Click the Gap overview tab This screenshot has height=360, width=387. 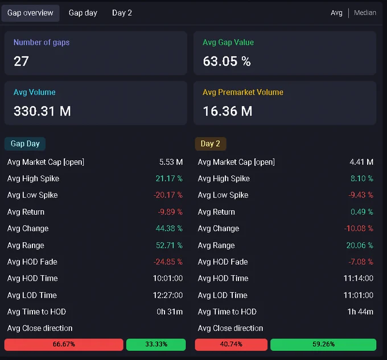pyautogui.click(x=30, y=13)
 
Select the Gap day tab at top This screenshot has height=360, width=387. pyautogui.click(x=83, y=13)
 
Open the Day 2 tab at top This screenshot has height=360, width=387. pyautogui.click(x=122, y=13)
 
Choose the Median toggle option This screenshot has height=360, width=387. pyautogui.click(x=365, y=13)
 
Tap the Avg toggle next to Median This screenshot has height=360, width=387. pyautogui.click(x=336, y=13)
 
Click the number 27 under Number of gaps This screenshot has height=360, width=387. pyautogui.click(x=21, y=61)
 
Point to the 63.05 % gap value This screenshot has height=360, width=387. pyautogui.click(x=227, y=61)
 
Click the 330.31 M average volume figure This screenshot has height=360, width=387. pyautogui.click(x=42, y=111)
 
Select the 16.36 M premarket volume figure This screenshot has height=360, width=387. pyautogui.click(x=228, y=111)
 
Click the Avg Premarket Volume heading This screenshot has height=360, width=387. pyautogui.click(x=243, y=92)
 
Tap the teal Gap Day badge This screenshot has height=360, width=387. pyautogui.click(x=25, y=144)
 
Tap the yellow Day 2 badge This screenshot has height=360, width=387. pyautogui.click(x=211, y=144)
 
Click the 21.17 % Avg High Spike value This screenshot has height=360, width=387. pyautogui.click(x=169, y=178)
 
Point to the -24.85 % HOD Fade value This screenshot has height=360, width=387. pyautogui.click(x=168, y=261)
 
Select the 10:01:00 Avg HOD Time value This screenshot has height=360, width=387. pyautogui.click(x=168, y=278)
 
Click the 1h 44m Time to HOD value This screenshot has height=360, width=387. pyautogui.click(x=360, y=312)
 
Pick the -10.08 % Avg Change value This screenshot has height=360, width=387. pyautogui.click(x=359, y=228)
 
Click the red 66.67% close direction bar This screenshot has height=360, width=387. pyautogui.click(x=64, y=345)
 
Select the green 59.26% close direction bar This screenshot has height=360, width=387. pyautogui.click(x=323, y=345)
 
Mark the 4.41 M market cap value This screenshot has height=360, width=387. pyautogui.click(x=361, y=162)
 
